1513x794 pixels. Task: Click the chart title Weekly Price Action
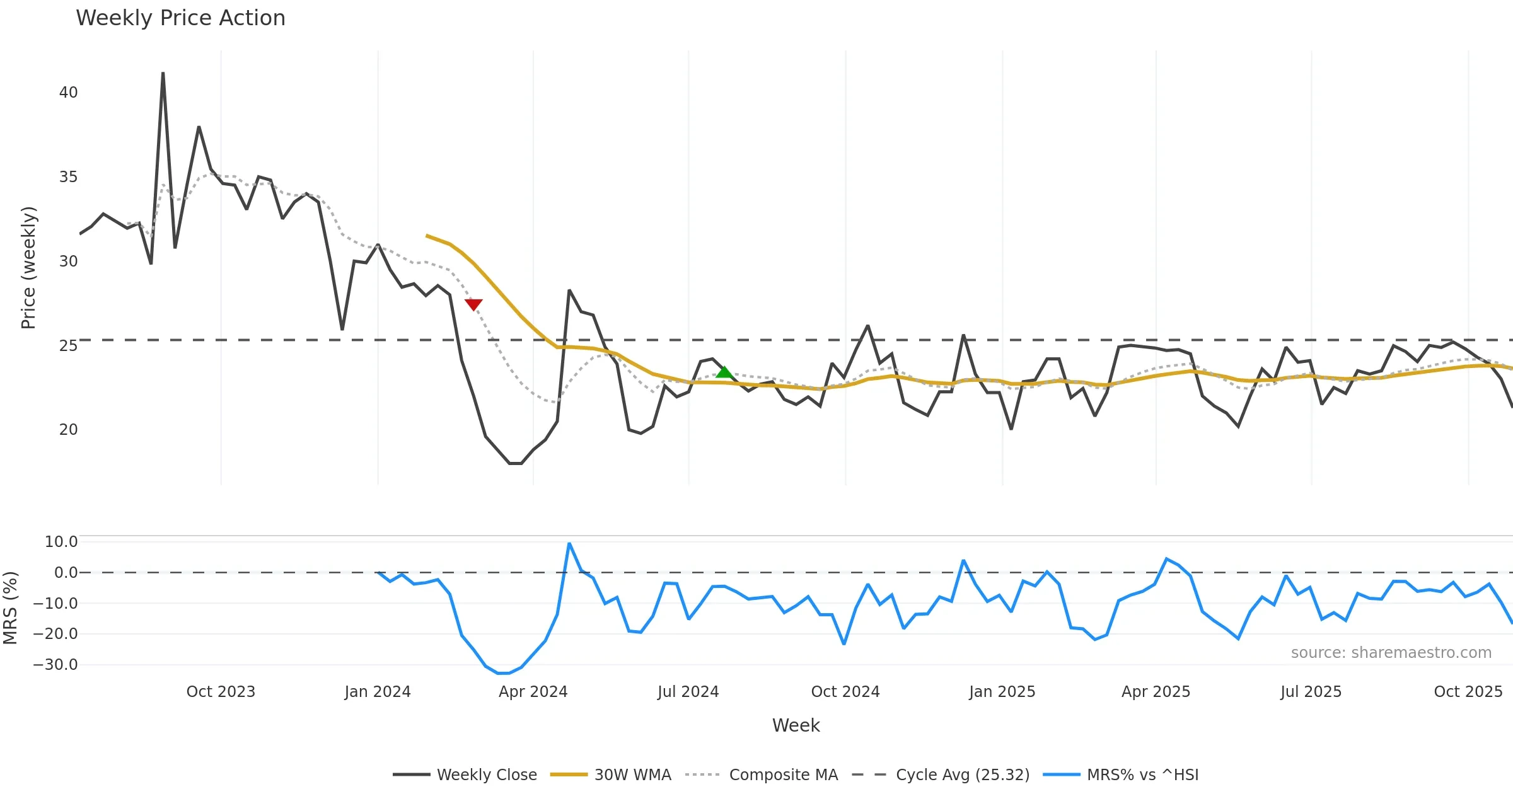click(x=180, y=18)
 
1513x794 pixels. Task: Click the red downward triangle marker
click(x=473, y=305)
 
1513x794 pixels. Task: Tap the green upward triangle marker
click(x=724, y=372)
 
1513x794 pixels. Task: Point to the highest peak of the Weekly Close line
click(x=163, y=73)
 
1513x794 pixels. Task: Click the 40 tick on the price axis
click(x=68, y=93)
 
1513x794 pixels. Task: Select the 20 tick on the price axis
click(x=68, y=430)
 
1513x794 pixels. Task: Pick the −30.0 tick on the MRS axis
click(x=55, y=665)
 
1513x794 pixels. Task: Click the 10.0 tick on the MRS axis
click(x=61, y=542)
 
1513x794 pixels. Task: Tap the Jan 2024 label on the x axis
click(x=378, y=692)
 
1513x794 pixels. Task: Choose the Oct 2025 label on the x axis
click(x=1468, y=692)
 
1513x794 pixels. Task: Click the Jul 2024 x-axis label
click(x=688, y=692)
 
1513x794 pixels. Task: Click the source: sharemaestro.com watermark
click(x=1391, y=653)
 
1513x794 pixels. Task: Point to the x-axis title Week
click(x=796, y=726)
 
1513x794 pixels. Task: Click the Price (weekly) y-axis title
click(x=28, y=268)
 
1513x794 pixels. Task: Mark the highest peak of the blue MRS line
click(x=569, y=543)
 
